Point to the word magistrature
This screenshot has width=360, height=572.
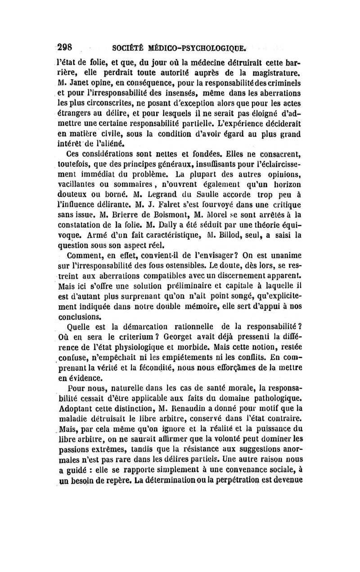point(274,72)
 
